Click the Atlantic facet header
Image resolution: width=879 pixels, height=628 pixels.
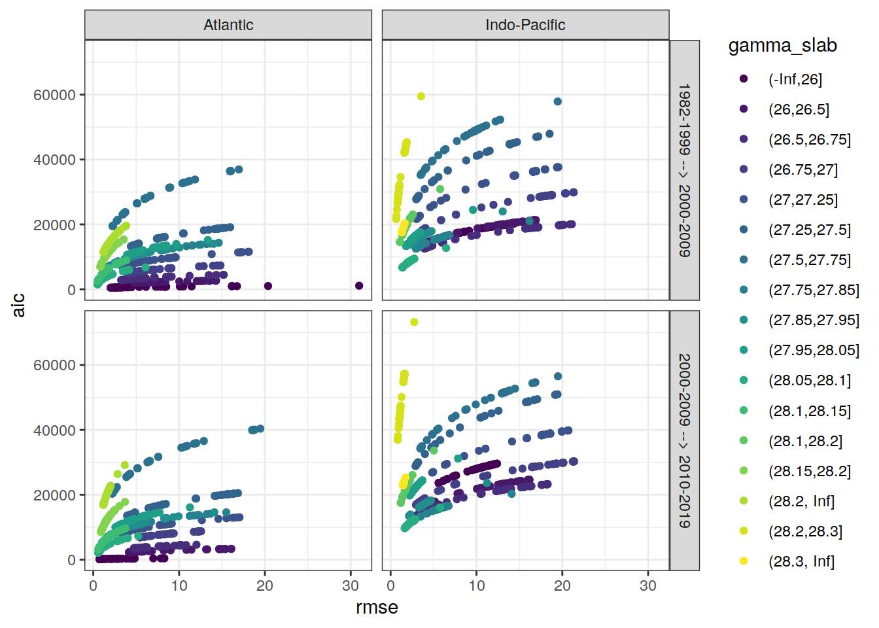click(228, 25)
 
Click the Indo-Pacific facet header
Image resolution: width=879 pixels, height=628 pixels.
click(525, 25)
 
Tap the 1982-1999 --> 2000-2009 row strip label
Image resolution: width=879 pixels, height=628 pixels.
click(684, 170)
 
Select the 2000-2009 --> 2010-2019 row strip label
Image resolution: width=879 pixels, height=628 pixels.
click(684, 440)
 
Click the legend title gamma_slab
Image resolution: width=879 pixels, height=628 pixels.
click(782, 46)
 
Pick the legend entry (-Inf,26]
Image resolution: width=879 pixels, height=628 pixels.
click(795, 79)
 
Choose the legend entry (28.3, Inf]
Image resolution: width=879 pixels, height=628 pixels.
click(801, 561)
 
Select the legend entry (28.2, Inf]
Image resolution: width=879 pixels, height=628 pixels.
click(801, 501)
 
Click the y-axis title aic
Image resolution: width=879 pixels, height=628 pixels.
click(18, 305)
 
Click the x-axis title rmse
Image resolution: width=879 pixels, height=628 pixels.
click(377, 608)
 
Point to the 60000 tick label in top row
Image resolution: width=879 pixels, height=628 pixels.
click(54, 95)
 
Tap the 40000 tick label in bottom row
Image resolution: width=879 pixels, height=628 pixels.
click(54, 430)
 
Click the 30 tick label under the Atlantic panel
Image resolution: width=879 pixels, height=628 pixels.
click(351, 585)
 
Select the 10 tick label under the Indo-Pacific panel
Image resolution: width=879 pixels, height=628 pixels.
click(476, 585)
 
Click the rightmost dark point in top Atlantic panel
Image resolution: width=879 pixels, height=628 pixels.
click(359, 286)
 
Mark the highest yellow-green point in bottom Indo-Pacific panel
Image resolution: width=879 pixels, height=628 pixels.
click(414, 322)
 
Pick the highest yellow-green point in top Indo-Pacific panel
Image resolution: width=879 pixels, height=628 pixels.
click(421, 96)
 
